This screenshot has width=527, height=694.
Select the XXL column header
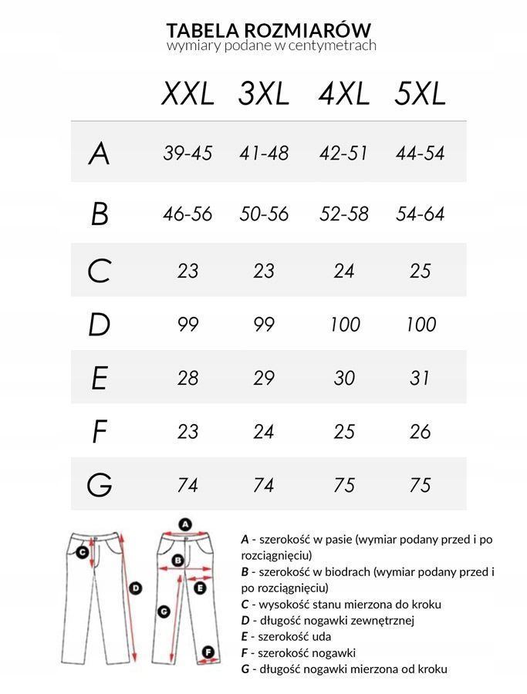(187, 94)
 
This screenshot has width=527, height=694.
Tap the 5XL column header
(420, 94)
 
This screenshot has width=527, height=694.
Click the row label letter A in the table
(99, 154)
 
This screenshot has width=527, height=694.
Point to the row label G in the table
(100, 485)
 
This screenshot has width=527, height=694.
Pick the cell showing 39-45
(187, 153)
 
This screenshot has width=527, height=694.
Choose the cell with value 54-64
(420, 214)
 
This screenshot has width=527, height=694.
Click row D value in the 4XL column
(343, 324)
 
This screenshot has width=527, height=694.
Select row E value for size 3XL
(264, 378)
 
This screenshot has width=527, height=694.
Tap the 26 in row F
(420, 432)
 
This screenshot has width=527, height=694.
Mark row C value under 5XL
(420, 271)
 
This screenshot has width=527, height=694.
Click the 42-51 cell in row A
(343, 153)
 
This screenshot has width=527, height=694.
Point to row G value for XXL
(187, 485)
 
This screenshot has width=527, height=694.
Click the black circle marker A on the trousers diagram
(184, 524)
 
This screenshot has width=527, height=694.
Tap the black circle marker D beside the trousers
(136, 588)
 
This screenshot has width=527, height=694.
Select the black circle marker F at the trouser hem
(208, 653)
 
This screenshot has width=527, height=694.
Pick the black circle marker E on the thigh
(200, 588)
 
